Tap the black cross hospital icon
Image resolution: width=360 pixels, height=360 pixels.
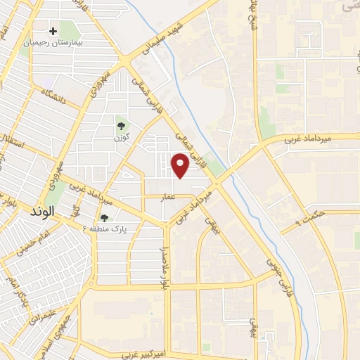(53, 31)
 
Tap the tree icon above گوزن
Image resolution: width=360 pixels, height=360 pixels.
(122, 127)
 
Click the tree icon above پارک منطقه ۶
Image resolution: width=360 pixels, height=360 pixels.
(104, 218)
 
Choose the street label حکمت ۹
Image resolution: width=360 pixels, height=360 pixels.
(309, 218)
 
